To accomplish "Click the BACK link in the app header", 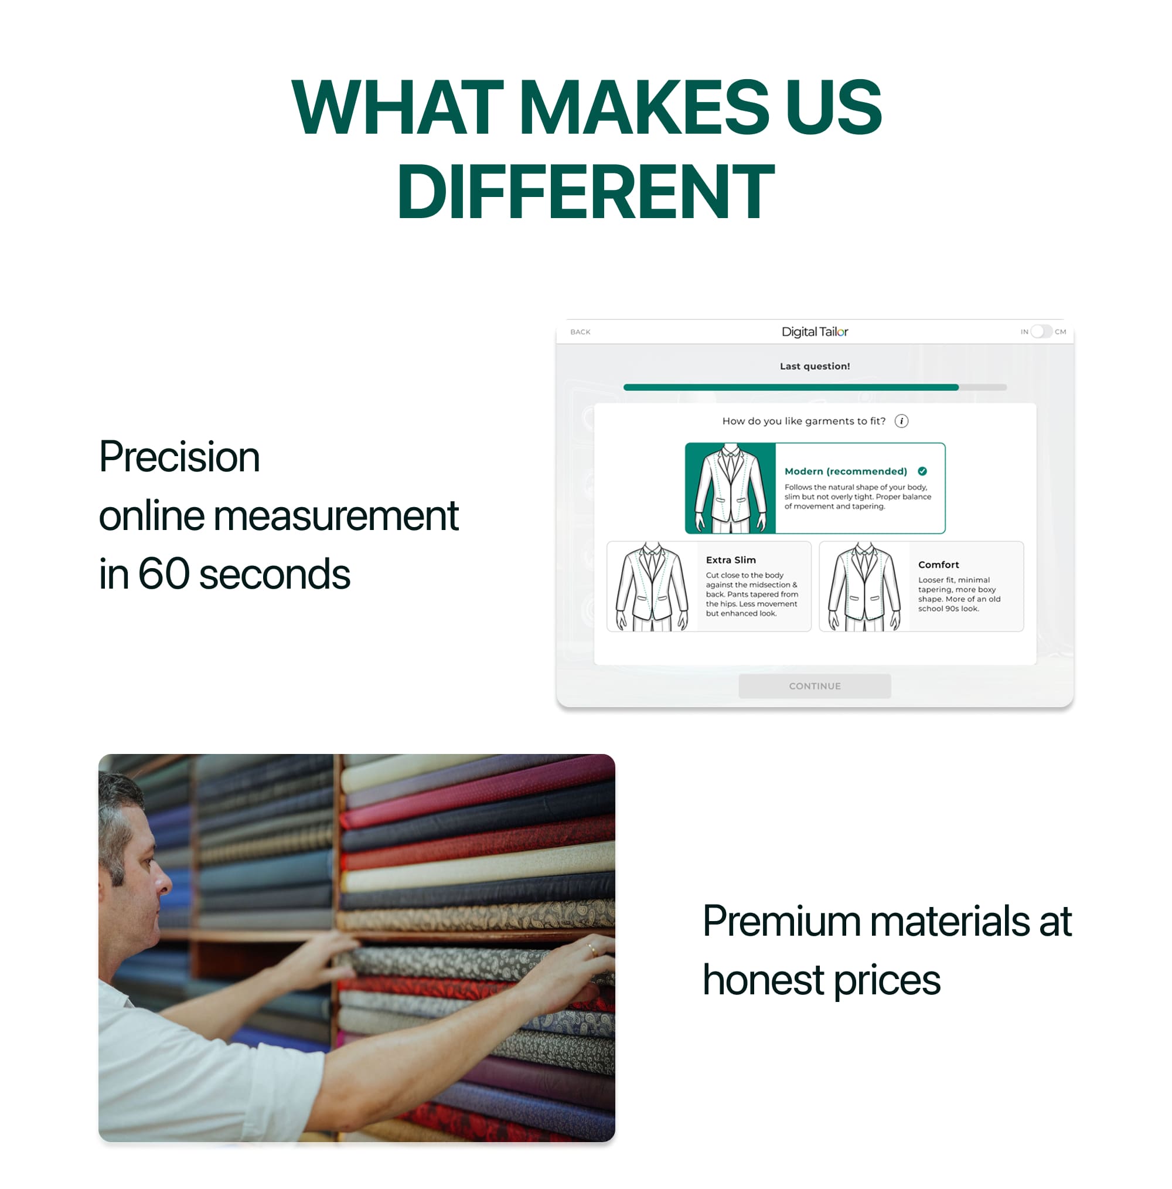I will pos(580,332).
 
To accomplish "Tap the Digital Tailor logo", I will pos(814,332).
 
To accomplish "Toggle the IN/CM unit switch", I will pos(1040,331).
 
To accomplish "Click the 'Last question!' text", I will pos(814,366).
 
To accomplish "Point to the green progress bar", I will pos(790,387).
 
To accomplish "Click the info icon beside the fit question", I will pos(901,421).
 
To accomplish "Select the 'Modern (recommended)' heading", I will pos(846,471).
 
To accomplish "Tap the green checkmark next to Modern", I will pos(922,471).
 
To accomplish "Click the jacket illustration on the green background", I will pos(730,488).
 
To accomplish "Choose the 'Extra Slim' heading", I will pos(730,560).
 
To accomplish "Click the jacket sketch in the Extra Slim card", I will pos(652,586).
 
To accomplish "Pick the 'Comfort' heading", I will pos(938,565).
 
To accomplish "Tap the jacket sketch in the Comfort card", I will pos(864,586).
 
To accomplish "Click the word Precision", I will pos(179,457).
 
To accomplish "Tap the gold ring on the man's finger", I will pos(592,949).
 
